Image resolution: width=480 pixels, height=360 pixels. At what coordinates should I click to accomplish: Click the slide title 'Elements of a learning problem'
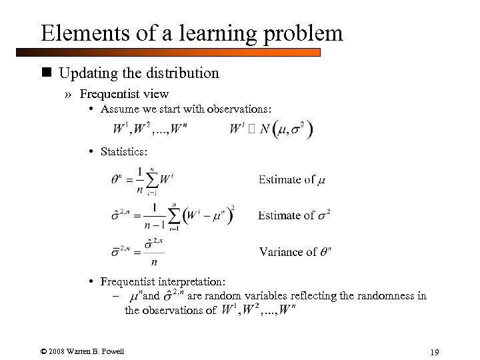(x=191, y=33)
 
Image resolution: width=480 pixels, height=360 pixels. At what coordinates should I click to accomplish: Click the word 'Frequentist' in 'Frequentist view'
(x=109, y=94)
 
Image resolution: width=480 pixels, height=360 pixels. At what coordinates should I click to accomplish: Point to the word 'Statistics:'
(x=123, y=152)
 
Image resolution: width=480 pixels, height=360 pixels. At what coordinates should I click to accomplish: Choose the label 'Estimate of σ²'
(x=294, y=215)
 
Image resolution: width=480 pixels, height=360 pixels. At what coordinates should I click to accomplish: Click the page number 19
(x=436, y=352)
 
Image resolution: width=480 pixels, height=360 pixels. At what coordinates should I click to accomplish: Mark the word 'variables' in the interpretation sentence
(x=276, y=296)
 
